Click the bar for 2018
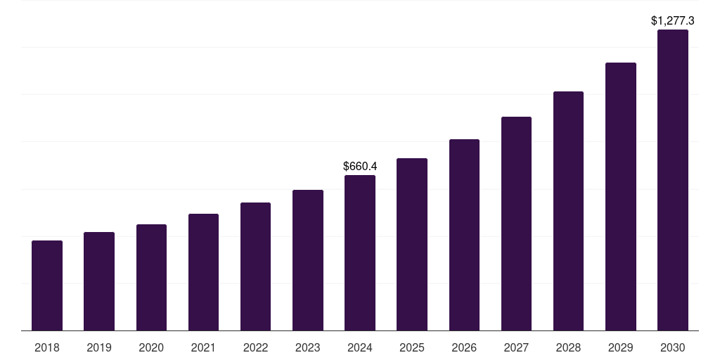[x=47, y=285]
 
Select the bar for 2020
[x=151, y=277]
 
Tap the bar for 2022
[x=255, y=266]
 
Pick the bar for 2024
[x=360, y=252]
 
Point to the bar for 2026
[x=464, y=235]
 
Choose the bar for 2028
[x=568, y=211]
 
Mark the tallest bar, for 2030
[x=672, y=180]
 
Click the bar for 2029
[x=620, y=196]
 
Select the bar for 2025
[x=412, y=244]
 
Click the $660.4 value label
[x=360, y=167]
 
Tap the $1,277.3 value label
[x=672, y=21]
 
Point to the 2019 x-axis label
[x=99, y=347]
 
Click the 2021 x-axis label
[x=203, y=347]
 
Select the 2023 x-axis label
[x=307, y=347]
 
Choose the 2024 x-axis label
[x=360, y=347]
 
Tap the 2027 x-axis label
[x=516, y=347]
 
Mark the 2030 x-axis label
[x=672, y=347]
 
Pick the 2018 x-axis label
[x=47, y=347]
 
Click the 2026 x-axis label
[x=464, y=347]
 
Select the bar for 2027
[x=516, y=224]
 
